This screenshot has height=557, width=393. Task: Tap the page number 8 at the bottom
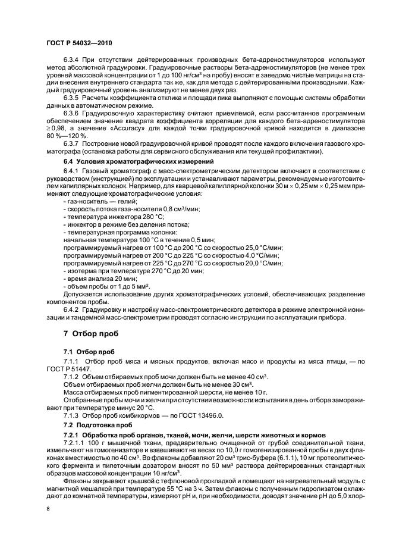click(47, 509)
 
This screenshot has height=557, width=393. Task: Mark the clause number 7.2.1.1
click(76, 443)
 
